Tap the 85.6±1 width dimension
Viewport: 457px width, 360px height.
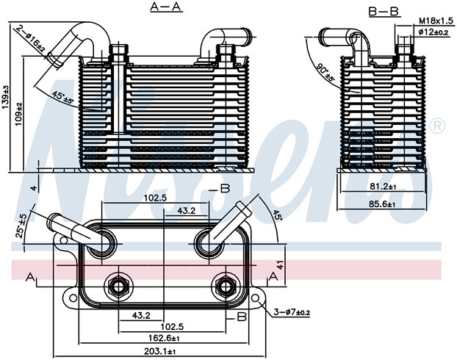click(x=381, y=204)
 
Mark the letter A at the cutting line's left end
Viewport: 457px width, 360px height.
click(x=30, y=277)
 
